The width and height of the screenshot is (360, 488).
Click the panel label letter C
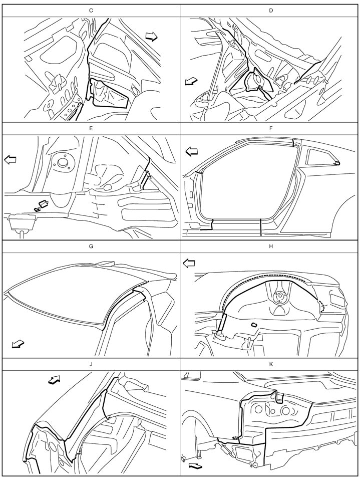(x=91, y=11)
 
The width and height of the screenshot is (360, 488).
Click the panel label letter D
(x=271, y=11)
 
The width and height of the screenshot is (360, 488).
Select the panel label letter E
(x=91, y=128)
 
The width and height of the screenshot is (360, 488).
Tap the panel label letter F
(x=271, y=128)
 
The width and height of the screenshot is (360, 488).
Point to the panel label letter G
(x=91, y=246)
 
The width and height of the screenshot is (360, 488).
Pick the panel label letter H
(x=271, y=246)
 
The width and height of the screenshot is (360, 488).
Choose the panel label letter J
(x=91, y=364)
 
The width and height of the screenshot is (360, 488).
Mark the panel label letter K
(x=271, y=364)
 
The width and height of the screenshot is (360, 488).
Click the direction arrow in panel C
(x=152, y=37)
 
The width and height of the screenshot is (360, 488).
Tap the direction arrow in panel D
(x=191, y=82)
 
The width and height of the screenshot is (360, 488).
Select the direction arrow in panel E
(x=11, y=160)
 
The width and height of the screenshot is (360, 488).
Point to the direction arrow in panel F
(x=192, y=152)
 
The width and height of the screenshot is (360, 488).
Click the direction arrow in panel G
(x=18, y=344)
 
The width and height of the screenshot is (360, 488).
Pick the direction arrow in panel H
(x=189, y=264)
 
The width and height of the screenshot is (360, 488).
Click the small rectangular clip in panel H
(x=254, y=325)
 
